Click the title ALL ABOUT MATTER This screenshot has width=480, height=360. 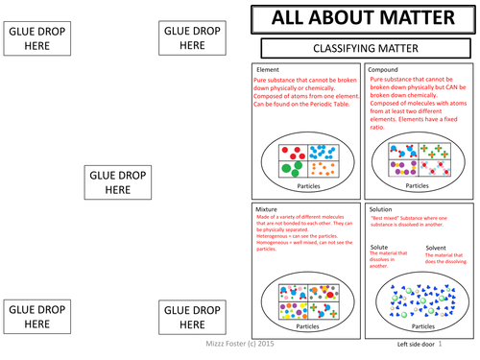[x=364, y=19]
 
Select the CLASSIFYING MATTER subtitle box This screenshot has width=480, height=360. [x=364, y=47]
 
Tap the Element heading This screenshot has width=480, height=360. [x=267, y=70]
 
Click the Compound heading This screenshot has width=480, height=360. [x=384, y=70]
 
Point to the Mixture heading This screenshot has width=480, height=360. [x=267, y=208]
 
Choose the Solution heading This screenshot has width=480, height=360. [x=382, y=208]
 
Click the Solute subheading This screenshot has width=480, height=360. [x=380, y=247]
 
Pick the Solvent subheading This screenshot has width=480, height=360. [x=438, y=247]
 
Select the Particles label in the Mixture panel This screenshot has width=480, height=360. [x=307, y=325]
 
